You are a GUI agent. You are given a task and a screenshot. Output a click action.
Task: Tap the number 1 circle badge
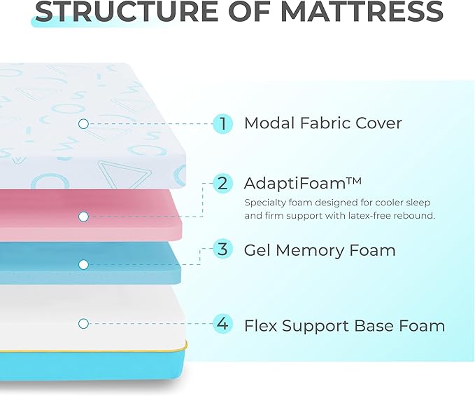click(222, 124)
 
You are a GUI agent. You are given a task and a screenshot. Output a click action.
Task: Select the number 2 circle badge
click(222, 184)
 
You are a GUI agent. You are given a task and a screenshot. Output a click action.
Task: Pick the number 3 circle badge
click(222, 249)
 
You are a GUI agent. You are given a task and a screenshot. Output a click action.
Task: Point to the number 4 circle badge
click(222, 325)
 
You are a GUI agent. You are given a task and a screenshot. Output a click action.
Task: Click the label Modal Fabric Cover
click(322, 124)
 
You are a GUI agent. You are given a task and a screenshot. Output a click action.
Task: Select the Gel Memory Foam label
click(319, 250)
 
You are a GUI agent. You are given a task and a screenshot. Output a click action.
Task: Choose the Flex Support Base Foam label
click(344, 326)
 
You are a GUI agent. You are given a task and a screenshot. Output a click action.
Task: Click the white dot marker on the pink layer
click(83, 217)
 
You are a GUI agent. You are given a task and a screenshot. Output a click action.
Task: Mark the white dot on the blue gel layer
click(83, 264)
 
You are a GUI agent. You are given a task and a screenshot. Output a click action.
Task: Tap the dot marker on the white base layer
click(83, 324)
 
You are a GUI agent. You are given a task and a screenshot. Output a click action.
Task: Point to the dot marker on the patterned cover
click(83, 124)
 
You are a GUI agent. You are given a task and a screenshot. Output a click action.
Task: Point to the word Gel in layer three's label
click(257, 250)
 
